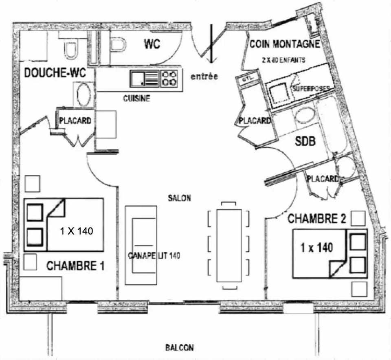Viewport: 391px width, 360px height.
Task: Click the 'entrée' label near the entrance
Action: point(204,76)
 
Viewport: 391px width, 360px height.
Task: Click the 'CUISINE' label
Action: point(137,98)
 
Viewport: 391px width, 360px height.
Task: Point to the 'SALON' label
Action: point(179,198)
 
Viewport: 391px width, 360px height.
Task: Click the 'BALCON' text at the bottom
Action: point(179,348)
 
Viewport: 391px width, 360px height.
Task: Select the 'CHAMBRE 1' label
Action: point(75,266)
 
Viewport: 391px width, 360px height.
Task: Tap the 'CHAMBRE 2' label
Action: point(317,219)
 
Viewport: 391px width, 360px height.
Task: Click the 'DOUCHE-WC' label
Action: point(55,73)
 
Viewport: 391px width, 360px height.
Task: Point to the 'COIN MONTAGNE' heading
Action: point(285,44)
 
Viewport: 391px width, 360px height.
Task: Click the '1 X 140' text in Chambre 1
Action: point(77,231)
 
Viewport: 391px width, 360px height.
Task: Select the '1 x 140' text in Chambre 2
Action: point(316,247)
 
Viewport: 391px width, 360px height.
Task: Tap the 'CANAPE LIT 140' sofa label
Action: point(154,256)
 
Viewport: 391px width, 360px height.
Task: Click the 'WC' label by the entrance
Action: point(152,44)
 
